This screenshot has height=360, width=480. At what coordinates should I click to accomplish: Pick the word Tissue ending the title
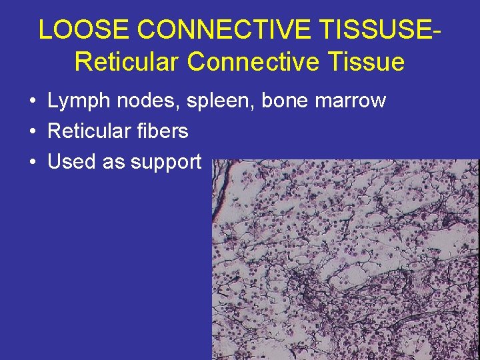coord(369,61)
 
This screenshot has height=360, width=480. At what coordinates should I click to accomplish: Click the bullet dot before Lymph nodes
coord(32,101)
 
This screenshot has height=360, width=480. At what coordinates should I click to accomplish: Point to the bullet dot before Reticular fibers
coord(32,132)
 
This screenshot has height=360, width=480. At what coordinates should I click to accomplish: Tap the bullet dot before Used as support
coord(32,162)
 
